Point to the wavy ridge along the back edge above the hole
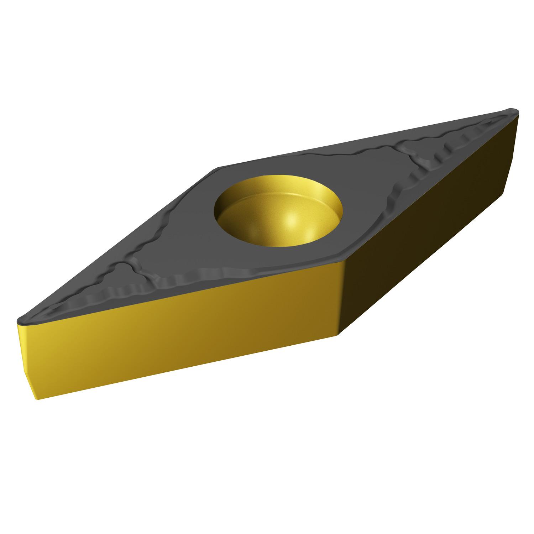(338, 157)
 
